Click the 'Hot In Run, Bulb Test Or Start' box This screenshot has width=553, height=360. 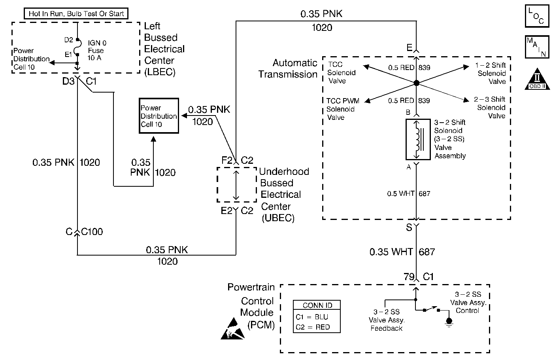click(76, 13)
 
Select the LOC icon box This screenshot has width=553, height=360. click(536, 16)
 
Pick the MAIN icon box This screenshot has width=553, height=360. click(536, 46)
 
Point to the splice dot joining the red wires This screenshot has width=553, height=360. click(416, 83)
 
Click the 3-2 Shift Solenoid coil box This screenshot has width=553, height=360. click(418, 139)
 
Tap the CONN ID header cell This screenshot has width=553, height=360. click(317, 305)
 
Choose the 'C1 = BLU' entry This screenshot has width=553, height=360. click(312, 317)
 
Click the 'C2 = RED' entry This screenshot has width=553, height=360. click(312, 327)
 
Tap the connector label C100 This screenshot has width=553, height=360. click(92, 231)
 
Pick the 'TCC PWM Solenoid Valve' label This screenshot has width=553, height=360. click(342, 109)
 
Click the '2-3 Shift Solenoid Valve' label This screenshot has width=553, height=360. click(491, 108)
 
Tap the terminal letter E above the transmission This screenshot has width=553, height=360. click(409, 48)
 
